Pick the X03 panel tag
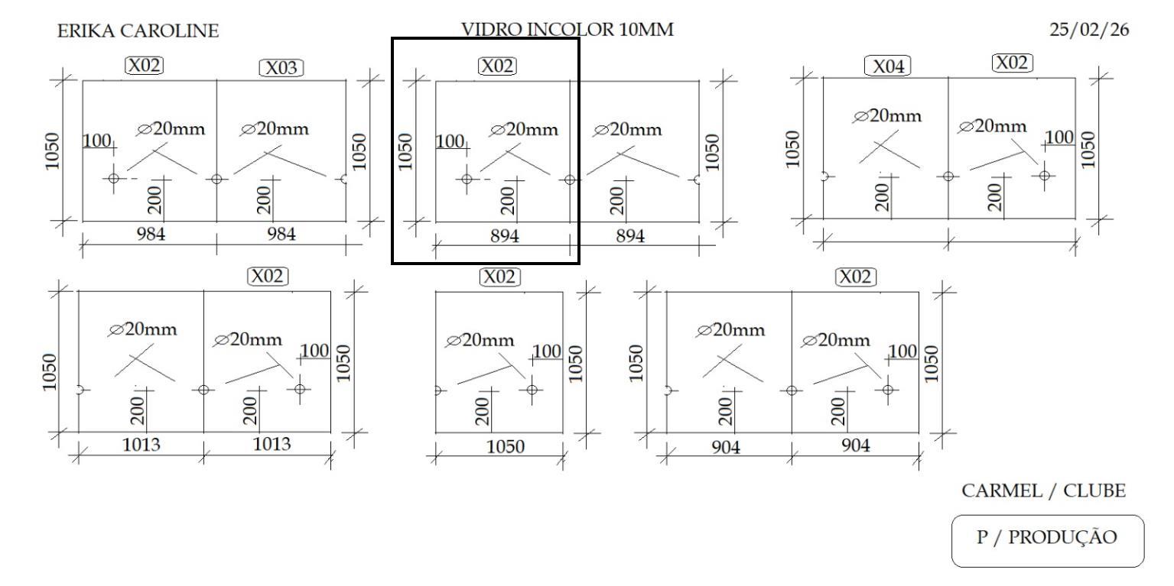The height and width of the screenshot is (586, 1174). [281, 68]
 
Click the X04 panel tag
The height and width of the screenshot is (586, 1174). [887, 66]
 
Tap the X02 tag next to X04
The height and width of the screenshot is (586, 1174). [1013, 63]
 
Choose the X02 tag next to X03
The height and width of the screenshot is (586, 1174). [144, 66]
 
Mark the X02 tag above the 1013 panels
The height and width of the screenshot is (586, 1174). [268, 276]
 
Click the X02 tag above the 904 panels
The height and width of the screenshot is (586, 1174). [856, 277]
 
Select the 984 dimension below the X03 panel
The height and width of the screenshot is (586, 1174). [281, 234]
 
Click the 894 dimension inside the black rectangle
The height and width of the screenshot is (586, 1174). [504, 237]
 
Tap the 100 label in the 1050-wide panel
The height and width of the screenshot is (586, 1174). [547, 351]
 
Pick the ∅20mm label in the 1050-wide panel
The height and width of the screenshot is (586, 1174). [480, 340]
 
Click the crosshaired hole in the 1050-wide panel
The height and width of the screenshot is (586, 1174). [532, 390]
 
